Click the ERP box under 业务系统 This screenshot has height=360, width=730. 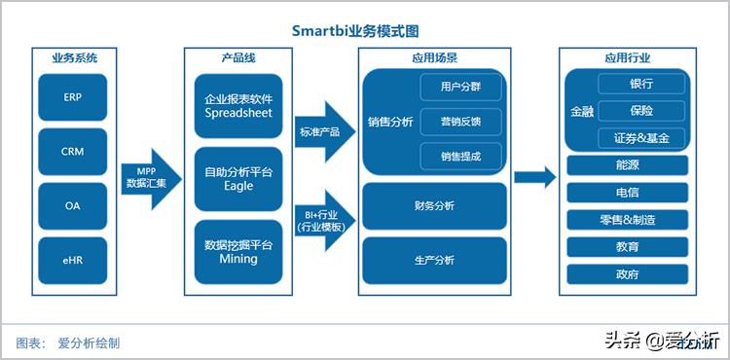click(72, 98)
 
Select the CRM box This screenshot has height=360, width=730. click(72, 152)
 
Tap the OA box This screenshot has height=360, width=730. click(72, 206)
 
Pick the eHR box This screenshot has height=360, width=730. click(72, 260)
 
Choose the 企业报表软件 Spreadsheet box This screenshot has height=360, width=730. click(238, 105)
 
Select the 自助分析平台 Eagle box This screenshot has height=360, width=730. click(238, 179)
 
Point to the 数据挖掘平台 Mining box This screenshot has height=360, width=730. click(238, 252)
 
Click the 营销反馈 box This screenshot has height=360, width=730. click(460, 123)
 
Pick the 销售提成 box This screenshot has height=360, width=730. click(460, 156)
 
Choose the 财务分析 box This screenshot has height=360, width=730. click(434, 206)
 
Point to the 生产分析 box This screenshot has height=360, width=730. click(434, 260)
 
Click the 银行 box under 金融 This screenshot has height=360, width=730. click(641, 85)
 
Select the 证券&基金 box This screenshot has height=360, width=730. click(641, 137)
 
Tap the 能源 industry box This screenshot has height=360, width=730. click(628, 165)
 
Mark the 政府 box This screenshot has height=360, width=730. click(628, 274)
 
